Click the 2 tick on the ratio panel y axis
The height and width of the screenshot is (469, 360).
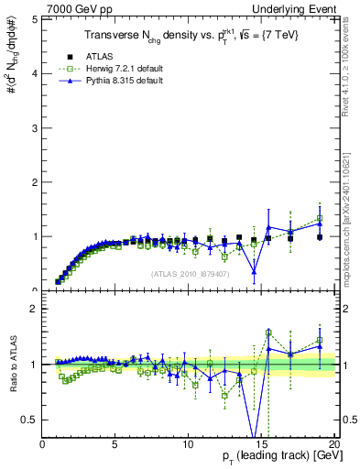click(x=36, y=309)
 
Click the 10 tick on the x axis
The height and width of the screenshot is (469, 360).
click(x=188, y=443)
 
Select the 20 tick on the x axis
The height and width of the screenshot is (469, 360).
click(x=333, y=443)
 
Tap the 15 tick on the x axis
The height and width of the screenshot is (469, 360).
click(x=261, y=443)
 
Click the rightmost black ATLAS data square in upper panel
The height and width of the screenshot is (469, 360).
click(x=319, y=237)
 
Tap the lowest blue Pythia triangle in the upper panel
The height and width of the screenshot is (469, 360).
click(x=254, y=271)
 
